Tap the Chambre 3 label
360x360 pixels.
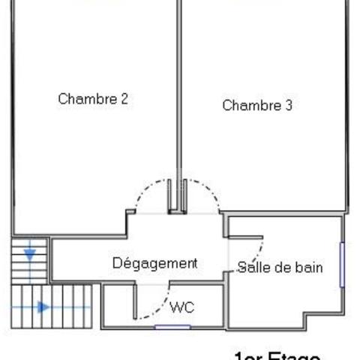point(256,106)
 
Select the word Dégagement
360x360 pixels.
point(154,263)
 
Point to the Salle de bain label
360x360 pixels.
point(280,267)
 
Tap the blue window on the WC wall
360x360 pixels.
point(172,327)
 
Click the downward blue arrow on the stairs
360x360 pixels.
point(30,254)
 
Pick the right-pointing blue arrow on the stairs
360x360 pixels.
point(43,307)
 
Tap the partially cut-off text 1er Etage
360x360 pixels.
point(277,355)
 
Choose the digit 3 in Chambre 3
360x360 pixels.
point(288,106)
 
